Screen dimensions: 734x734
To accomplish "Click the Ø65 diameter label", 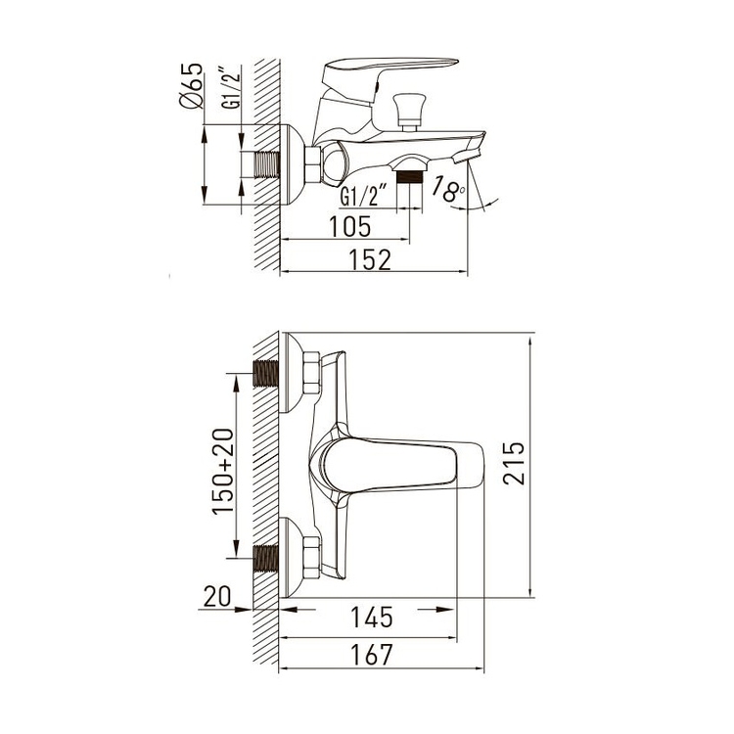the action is (x=192, y=86).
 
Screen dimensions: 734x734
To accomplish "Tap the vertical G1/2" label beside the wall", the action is (x=231, y=88).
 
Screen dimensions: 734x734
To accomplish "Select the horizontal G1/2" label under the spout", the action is (x=364, y=195).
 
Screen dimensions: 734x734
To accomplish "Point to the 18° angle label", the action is (x=448, y=188).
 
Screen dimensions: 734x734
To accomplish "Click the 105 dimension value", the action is (x=349, y=227).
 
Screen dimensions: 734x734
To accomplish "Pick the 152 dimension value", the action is (x=370, y=259).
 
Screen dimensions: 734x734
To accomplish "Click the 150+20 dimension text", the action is (x=223, y=472).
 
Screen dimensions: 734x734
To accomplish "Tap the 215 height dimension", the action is (x=514, y=463).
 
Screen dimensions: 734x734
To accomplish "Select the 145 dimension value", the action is (x=371, y=617).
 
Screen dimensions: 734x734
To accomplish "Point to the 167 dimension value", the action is (x=372, y=654).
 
